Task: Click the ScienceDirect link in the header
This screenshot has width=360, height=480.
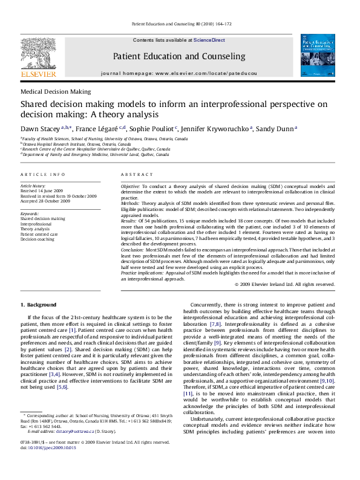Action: tap(209, 39)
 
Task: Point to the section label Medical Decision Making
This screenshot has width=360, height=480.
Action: tap(56, 92)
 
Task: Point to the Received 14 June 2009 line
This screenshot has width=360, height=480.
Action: tap(44, 192)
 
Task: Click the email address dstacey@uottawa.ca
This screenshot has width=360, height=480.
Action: tap(72, 448)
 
